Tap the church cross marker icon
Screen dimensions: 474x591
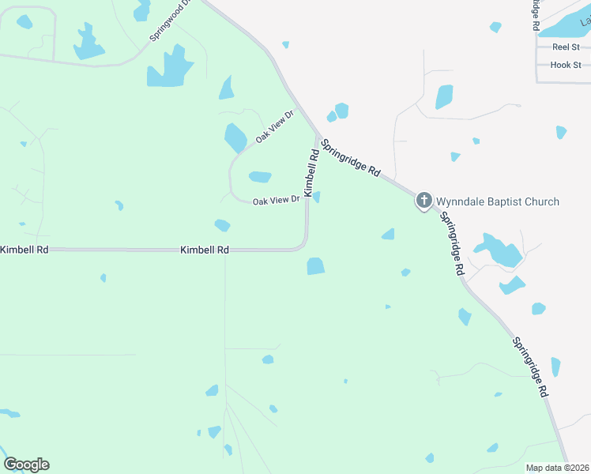point(424,201)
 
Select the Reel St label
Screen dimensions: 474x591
point(566,47)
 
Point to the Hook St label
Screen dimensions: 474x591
point(566,65)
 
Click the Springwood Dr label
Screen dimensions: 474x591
point(171,21)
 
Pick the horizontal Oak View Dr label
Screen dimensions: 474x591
point(276,201)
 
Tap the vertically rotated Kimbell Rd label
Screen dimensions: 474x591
point(311,174)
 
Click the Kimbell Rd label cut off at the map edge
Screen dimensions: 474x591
point(24,250)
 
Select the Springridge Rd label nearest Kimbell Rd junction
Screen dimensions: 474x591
point(352,159)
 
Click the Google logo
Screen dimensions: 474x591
point(26,465)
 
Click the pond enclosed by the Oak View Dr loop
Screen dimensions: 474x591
point(260,177)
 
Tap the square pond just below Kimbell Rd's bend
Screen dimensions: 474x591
point(315,266)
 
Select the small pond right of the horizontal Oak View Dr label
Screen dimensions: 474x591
point(316,197)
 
